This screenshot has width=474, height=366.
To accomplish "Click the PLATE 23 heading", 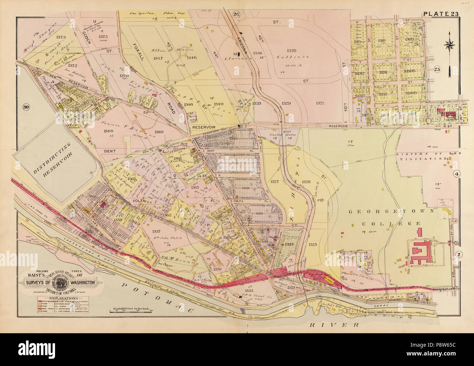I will tap(442, 14).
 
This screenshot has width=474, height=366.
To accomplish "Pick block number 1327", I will tap(275, 181).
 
